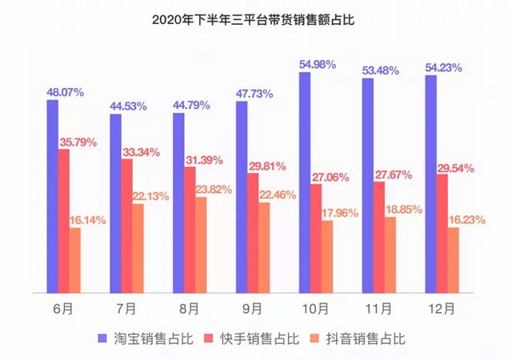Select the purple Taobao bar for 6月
point(52,196)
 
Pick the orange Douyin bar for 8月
point(202,245)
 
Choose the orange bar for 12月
point(454,261)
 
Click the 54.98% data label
point(318,64)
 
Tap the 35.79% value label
point(77,142)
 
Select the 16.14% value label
point(91,216)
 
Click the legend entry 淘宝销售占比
point(145,338)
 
